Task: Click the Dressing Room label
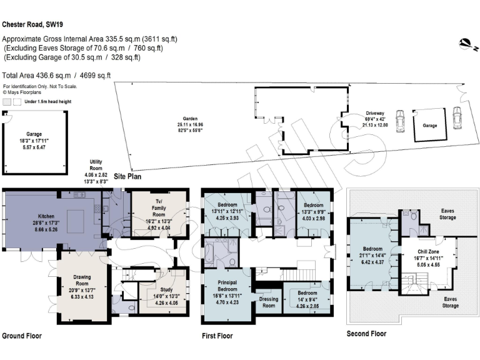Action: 267,302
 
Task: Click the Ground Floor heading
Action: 22,336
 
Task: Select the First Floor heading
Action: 217,336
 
